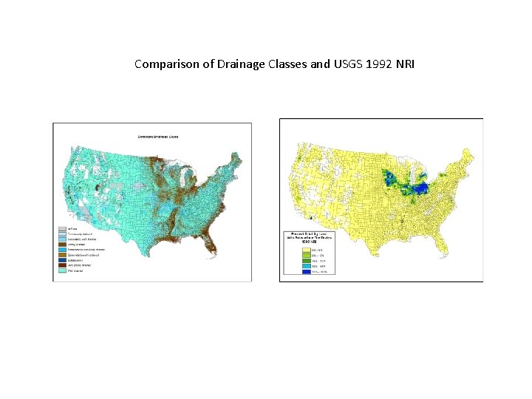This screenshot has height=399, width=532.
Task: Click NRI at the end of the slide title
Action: click(406, 64)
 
